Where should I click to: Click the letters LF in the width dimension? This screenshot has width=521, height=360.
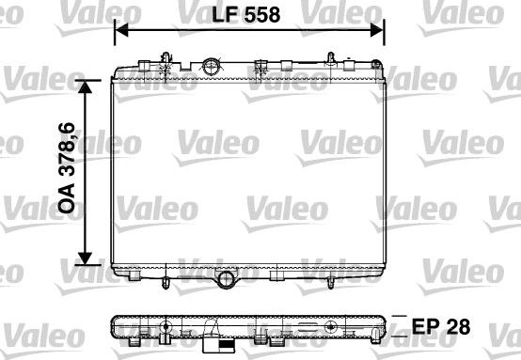(x=225, y=15)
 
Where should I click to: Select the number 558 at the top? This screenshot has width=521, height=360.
(x=262, y=15)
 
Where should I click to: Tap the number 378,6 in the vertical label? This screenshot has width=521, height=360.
(x=67, y=149)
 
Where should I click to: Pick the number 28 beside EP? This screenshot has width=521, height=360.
(x=458, y=326)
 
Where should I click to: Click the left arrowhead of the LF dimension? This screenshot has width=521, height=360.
(x=121, y=30)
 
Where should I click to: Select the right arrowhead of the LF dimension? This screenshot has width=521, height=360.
(x=377, y=30)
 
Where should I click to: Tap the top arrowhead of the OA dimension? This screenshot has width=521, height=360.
(x=85, y=86)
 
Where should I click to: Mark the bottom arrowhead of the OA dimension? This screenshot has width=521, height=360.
(x=85, y=258)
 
